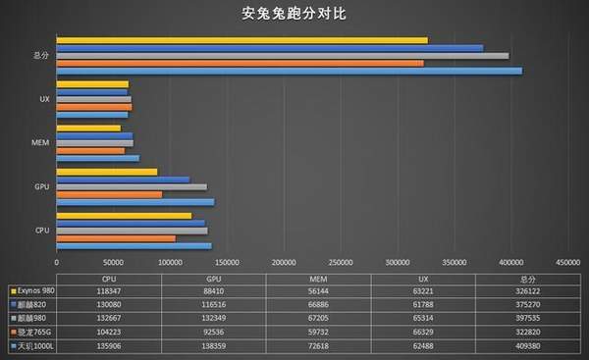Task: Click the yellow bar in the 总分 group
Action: point(242,40)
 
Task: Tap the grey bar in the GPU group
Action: point(132,186)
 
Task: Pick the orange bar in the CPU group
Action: point(116,238)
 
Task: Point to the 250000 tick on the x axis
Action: point(284,262)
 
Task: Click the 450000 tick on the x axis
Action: point(568,262)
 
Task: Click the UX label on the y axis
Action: point(44,99)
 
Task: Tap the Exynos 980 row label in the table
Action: point(35,290)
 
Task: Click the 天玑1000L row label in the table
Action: point(34,346)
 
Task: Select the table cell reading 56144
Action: point(311,290)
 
